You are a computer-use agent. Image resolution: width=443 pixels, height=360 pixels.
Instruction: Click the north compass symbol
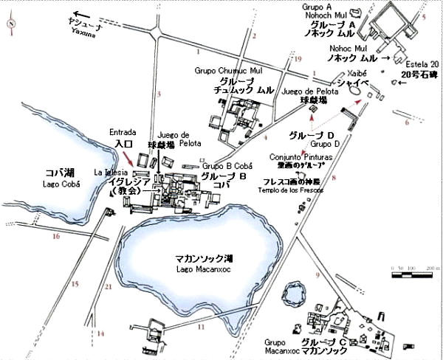tap(10, 23)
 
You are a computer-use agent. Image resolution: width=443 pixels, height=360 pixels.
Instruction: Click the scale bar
tap(416, 272)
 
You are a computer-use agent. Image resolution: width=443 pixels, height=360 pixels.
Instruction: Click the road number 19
tap(298, 58)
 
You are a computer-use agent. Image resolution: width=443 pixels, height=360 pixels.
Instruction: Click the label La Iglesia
tap(109, 171)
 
